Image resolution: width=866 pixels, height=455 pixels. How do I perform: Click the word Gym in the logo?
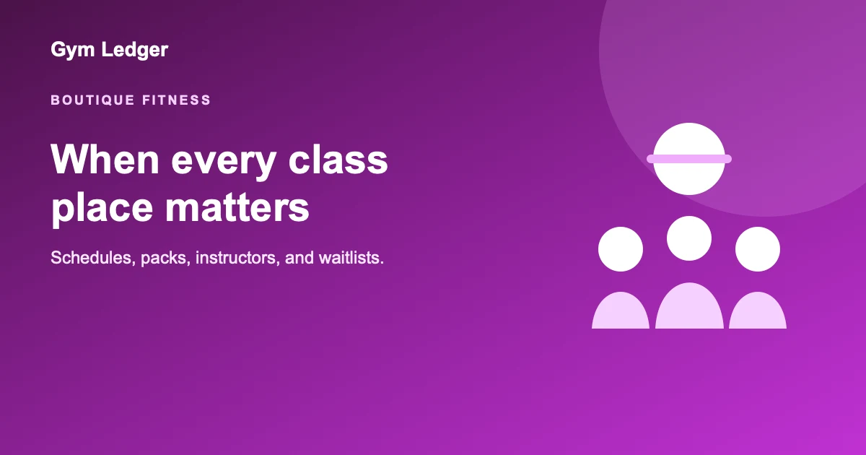(73, 51)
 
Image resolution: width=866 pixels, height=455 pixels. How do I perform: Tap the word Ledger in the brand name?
(134, 50)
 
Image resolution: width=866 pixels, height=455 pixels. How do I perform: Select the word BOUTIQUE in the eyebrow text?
(93, 100)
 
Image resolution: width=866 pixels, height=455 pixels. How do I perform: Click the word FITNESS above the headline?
(176, 100)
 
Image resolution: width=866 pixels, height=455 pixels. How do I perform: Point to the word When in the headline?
(105, 160)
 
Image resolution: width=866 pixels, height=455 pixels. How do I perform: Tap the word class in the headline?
(338, 160)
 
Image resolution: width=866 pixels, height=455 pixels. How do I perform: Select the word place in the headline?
(102, 208)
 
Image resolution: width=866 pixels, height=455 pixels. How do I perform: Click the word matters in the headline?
(237, 208)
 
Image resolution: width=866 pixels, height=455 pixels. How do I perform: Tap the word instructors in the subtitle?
(237, 258)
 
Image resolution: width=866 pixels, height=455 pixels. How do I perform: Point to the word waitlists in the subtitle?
(351, 258)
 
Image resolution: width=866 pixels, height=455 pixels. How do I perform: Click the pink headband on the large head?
(689, 159)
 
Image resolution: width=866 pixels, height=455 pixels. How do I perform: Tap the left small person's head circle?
(621, 249)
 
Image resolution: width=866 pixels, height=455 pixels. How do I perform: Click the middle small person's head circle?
(689, 238)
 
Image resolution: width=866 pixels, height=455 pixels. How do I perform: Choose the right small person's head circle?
(758, 249)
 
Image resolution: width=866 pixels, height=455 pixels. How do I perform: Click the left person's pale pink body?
(621, 311)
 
